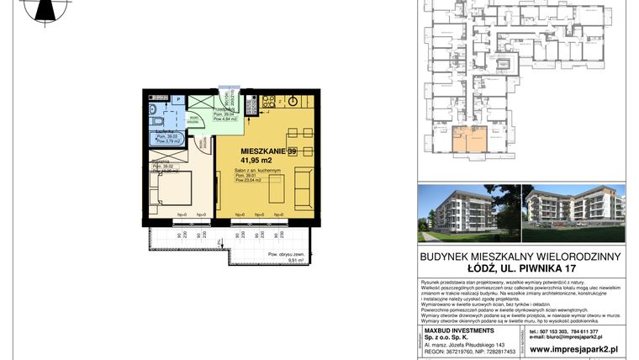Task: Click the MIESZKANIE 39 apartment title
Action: [x=257, y=151]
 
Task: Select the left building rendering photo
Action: [x=467, y=209]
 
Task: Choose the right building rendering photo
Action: [x=571, y=209]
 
